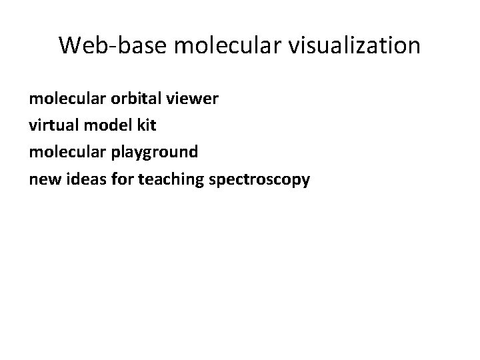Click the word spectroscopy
click(260, 180)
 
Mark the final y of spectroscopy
click(305, 181)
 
